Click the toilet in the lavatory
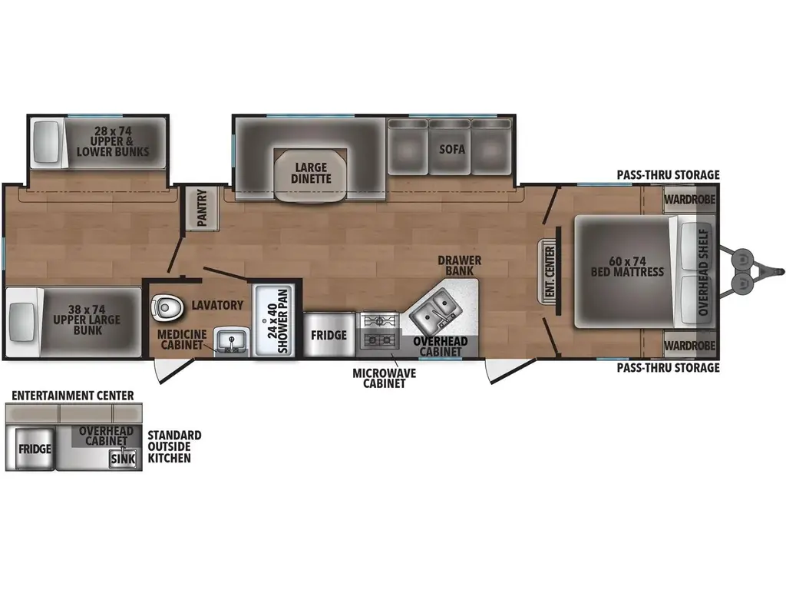pyautogui.click(x=167, y=307)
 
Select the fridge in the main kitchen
pyautogui.click(x=329, y=335)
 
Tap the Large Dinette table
pyautogui.click(x=310, y=173)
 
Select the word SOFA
pyautogui.click(x=451, y=149)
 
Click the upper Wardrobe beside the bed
pyautogui.click(x=689, y=199)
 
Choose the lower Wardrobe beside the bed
pyautogui.click(x=689, y=345)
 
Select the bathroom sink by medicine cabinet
pyautogui.click(x=228, y=340)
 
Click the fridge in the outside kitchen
pyautogui.click(x=35, y=449)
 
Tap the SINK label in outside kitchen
pyautogui.click(x=122, y=459)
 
